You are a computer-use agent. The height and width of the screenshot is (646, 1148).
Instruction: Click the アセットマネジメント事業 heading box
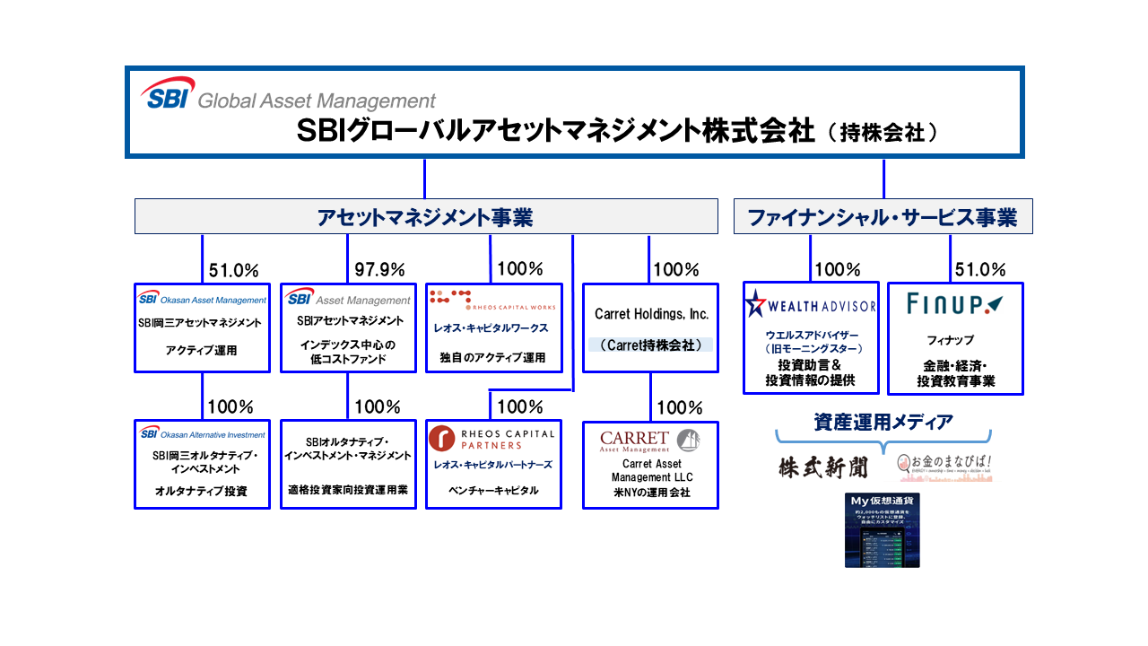coord(425,217)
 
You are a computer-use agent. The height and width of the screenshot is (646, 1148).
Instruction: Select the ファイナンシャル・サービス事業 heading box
coord(883,217)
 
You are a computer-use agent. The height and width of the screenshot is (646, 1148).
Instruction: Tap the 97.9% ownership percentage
coord(379,269)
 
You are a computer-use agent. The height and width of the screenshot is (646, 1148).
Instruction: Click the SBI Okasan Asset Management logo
coord(202,300)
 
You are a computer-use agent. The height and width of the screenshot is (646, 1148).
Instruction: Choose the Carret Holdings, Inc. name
coord(651,314)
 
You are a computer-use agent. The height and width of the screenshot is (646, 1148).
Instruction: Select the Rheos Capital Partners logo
coord(492,438)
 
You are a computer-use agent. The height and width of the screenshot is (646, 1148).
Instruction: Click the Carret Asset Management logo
coord(649,441)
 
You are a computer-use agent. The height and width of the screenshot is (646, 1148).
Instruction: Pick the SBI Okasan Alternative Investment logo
coord(202,434)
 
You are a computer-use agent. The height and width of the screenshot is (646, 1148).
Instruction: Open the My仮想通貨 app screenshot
coord(882,529)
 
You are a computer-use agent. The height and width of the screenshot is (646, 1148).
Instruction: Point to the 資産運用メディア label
coord(883,421)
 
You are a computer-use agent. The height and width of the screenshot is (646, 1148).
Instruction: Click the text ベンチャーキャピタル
coord(493,491)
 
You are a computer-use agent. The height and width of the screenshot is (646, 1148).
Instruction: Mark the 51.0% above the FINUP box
coord(980,269)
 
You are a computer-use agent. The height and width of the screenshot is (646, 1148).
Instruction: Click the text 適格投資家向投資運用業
coord(348,491)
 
